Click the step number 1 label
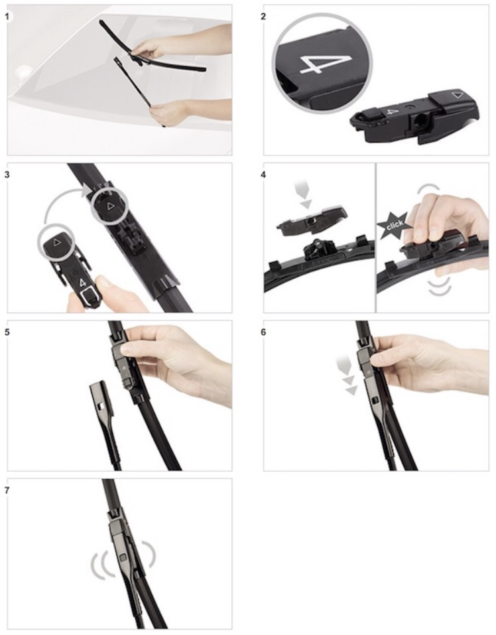pos(6,17)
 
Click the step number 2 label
pos(264,17)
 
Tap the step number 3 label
pos(6,175)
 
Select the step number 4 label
pos(264,175)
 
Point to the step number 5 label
pos(6,332)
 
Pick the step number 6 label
pos(264,332)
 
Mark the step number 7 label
pos(6,490)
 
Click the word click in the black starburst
pos(395,225)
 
